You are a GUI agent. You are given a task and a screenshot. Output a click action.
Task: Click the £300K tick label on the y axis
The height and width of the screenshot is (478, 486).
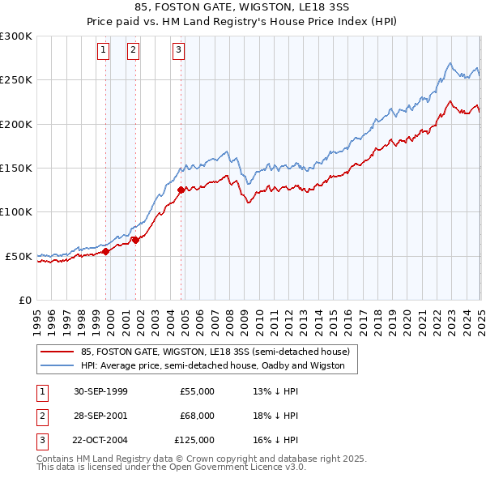click(x=16, y=36)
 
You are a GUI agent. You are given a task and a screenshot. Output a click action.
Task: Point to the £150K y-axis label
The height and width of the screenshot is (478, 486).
click(x=16, y=169)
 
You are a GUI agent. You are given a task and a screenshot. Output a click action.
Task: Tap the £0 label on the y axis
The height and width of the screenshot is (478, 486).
click(x=24, y=300)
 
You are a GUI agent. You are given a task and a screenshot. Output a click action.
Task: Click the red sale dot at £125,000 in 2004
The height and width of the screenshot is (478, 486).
click(x=181, y=190)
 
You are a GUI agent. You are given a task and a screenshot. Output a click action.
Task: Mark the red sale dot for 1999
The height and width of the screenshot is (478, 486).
click(x=106, y=252)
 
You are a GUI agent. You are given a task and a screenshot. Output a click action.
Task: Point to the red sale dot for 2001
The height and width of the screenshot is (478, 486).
click(x=135, y=240)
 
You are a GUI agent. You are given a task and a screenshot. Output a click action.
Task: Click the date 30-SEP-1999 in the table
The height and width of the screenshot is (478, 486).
click(x=100, y=391)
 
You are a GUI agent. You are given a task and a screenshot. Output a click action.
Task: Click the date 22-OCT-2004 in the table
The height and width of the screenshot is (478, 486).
click(x=100, y=440)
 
